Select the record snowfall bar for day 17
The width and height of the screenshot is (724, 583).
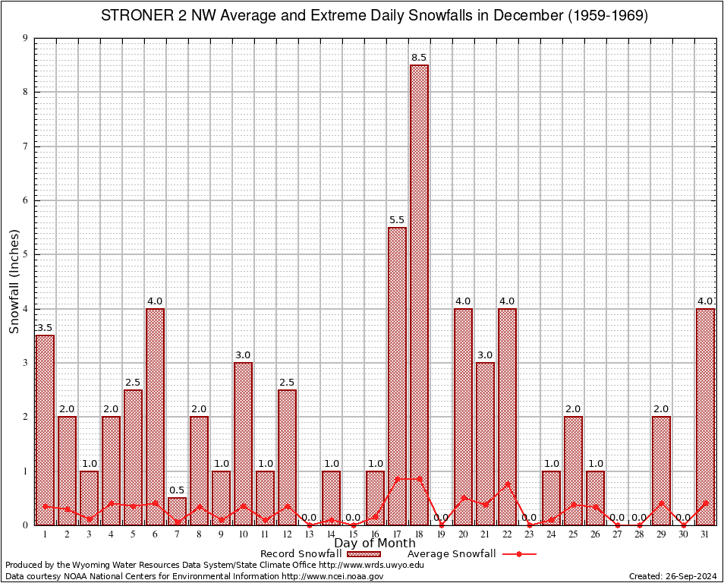coord(397,376)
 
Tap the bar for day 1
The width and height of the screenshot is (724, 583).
coord(45,430)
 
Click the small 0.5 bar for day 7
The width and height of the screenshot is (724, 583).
coord(177,511)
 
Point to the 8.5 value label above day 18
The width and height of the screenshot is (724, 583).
coord(419,58)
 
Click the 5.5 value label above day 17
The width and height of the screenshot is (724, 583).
coord(397,220)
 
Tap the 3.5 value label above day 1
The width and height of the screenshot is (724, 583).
coord(45,328)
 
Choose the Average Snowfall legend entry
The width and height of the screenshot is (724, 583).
coord(451,554)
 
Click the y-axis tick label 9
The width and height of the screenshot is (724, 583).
coord(25,38)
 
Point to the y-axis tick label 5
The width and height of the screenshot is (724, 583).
coord(25,254)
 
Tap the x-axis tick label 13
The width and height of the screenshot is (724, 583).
coord(309,534)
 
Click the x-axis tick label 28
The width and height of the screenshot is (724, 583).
coord(639,534)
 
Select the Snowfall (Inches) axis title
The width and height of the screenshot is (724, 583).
coord(14,282)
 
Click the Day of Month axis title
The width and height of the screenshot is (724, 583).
coord(375,544)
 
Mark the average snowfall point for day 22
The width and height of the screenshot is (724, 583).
coord(507,484)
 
